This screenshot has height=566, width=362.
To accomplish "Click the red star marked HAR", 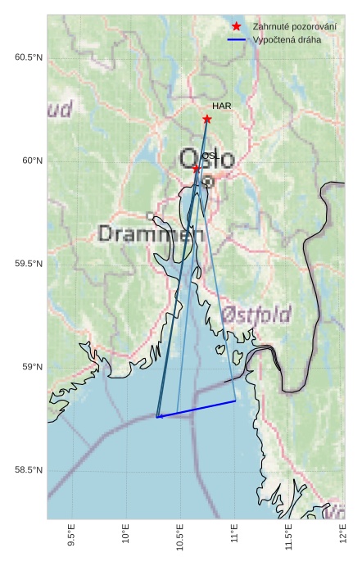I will point(207,120).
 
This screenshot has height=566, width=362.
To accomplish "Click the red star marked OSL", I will point(197,168).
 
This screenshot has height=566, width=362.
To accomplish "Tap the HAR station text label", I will point(221,106).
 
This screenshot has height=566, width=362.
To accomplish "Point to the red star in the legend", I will point(237,27).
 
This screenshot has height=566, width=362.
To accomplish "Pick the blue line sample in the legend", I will point(237,40).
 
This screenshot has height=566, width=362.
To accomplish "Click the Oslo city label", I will point(206,159).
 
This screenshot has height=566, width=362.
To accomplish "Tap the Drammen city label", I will point(150,234).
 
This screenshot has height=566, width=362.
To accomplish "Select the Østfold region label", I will point(256,315).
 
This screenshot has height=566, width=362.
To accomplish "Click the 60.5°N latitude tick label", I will point(28,57).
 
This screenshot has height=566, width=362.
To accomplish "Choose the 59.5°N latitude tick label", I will point(28,264).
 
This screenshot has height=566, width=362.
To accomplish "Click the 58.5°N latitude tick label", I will point(28,470).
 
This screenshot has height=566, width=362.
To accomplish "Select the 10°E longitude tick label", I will point(126,536).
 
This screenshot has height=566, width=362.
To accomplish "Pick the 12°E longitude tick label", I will point(342,536).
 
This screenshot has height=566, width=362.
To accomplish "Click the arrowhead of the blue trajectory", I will point(159,416).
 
